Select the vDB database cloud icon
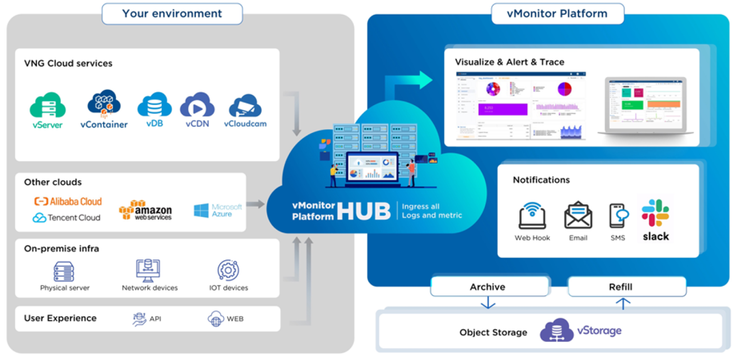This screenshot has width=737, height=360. tap(154, 105)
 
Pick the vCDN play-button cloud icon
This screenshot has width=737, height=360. tap(197, 105)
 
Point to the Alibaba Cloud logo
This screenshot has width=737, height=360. tap(68, 201)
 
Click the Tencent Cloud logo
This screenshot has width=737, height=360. tap(66, 218)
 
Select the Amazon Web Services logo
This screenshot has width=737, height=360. tap(145, 210)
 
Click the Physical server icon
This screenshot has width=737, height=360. tap(64, 272)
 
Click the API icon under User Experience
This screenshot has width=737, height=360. tap(140, 319)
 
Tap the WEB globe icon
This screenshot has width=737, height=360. tap(216, 319)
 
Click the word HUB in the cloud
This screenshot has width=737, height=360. tap(364, 211)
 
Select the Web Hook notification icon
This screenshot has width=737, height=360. tap(532, 216)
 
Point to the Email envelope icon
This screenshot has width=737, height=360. tap(578, 216)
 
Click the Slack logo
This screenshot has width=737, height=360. tap(655, 214)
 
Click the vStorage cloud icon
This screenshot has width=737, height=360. tap(557, 330)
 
